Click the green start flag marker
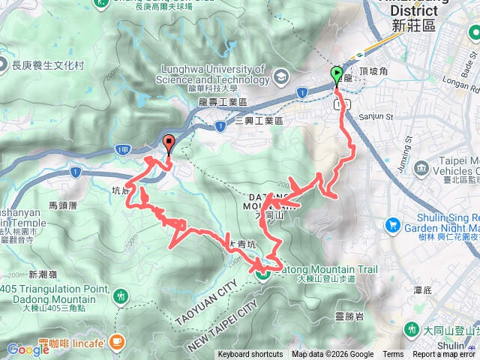tap(335, 75)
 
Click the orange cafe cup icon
tap(115, 343)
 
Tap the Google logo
tap(28, 349)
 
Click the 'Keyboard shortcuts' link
tap(250, 355)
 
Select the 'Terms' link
tap(393, 355)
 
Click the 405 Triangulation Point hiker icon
tap(120, 297)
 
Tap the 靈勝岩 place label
tap(350, 316)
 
